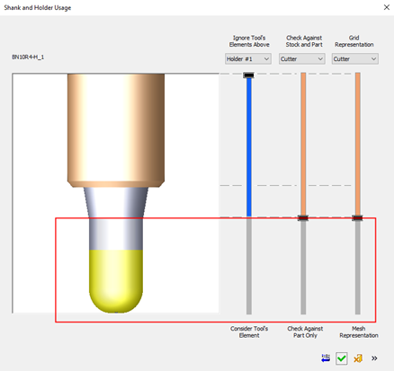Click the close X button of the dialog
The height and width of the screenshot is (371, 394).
(387, 7)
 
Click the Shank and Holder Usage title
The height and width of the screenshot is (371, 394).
(38, 7)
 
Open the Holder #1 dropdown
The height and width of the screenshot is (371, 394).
(248, 58)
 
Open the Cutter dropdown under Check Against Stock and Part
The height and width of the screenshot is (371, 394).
(301, 58)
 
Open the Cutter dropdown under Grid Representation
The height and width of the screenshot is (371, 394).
(355, 58)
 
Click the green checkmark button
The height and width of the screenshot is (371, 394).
(342, 358)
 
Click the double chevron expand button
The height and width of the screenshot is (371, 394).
(374, 358)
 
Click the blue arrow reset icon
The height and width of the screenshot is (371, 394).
(326, 358)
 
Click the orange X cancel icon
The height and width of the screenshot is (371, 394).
(358, 358)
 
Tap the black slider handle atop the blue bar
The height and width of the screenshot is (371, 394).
(248, 75)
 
